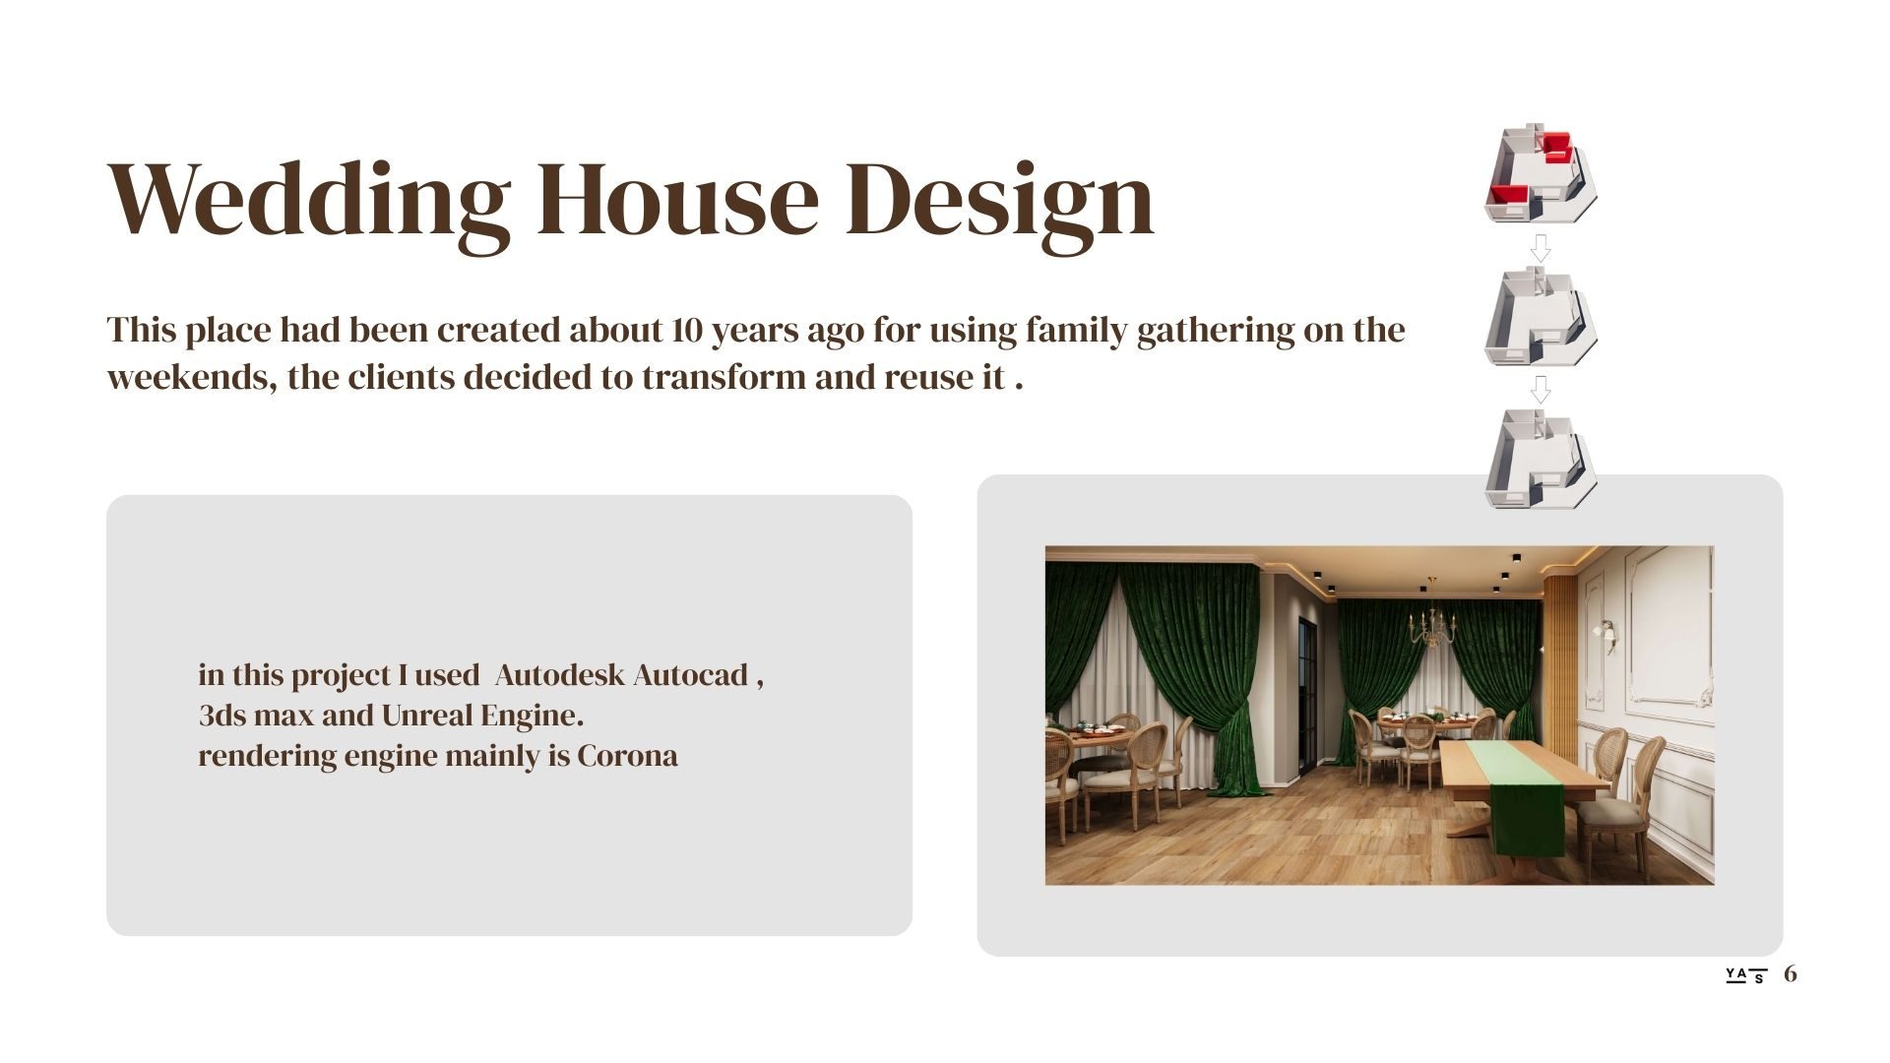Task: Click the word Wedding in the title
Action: pos(309,202)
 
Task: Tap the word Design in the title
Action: pos(1000,202)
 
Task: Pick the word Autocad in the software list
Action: pos(690,675)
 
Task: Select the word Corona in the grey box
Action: pos(627,756)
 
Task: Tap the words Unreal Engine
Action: pos(482,716)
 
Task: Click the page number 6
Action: pos(1791,973)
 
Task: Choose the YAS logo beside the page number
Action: pos(1746,975)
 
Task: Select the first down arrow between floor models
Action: pos(1541,248)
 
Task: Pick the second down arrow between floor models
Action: pos(1541,390)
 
